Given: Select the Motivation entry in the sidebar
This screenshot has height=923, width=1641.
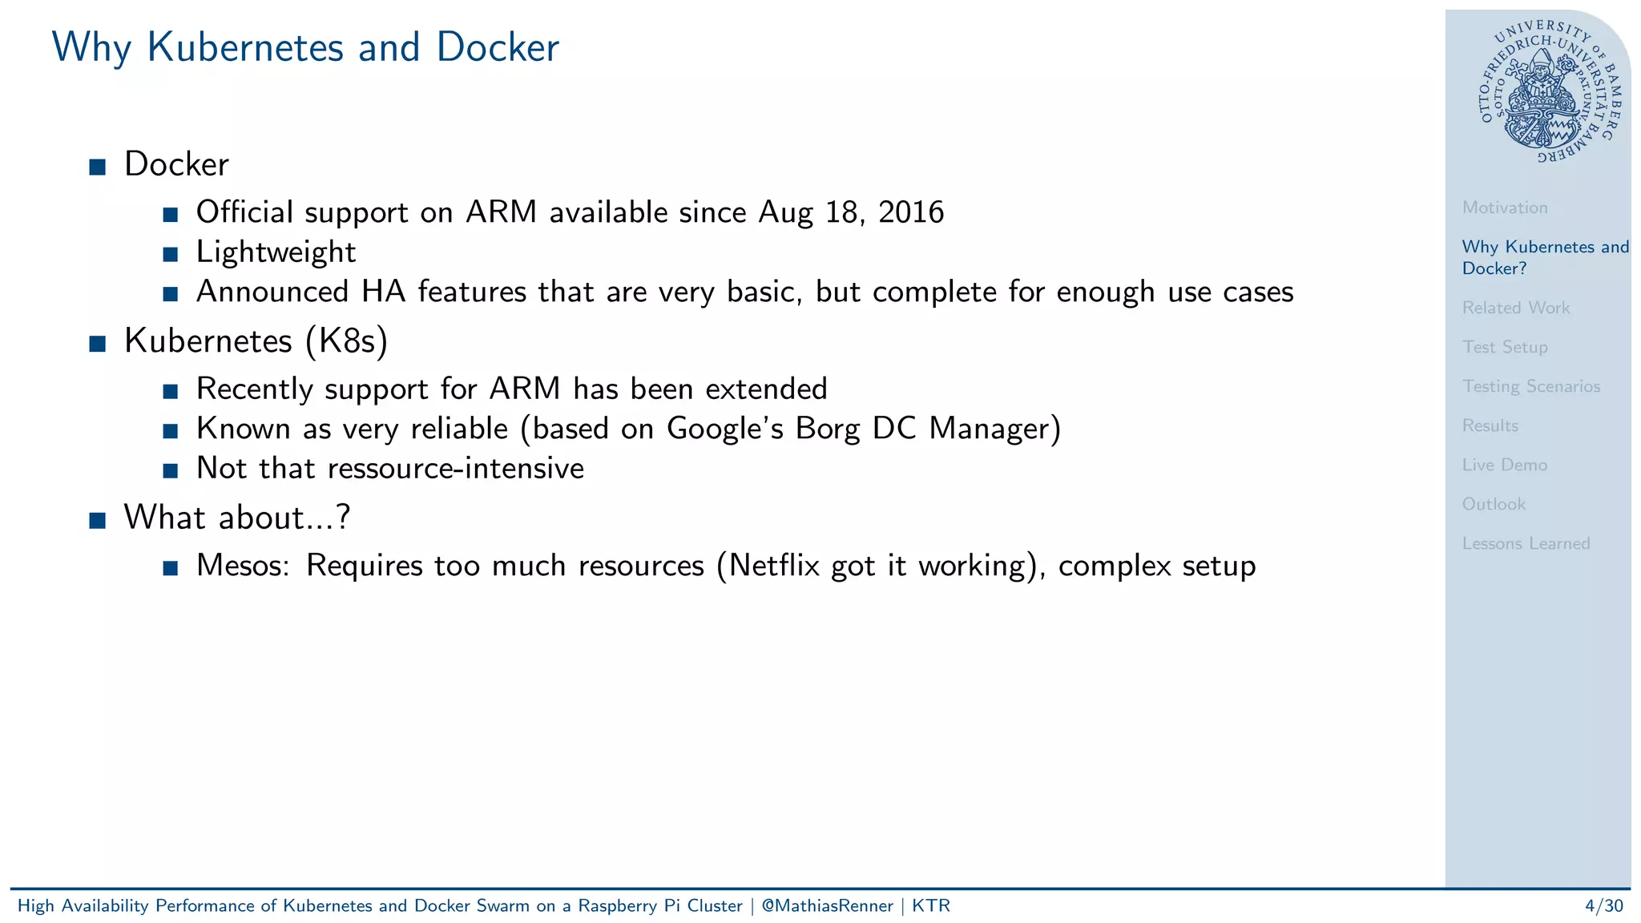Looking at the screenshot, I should [x=1504, y=208].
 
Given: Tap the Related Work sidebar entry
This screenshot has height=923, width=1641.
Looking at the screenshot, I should [x=1515, y=308].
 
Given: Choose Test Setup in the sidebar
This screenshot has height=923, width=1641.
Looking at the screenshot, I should [x=1504, y=347].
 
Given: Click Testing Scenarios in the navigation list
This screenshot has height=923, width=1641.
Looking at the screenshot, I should [x=1530, y=386].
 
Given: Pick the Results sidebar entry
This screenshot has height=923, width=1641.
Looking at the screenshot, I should [x=1490, y=425].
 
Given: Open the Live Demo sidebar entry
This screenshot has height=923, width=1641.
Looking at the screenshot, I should [x=1504, y=465].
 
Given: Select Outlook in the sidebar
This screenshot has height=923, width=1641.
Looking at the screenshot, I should [x=1493, y=504].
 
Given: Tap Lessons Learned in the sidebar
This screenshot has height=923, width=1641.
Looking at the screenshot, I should [x=1526, y=543].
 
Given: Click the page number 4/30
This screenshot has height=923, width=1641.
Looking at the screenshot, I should [x=1603, y=906].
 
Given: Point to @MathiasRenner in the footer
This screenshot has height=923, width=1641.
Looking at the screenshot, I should [x=827, y=906].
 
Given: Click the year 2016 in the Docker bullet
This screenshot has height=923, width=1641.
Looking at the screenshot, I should [x=911, y=212].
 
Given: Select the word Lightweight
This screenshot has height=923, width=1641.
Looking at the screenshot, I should [x=276, y=252].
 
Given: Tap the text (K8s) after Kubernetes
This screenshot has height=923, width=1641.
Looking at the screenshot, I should [x=346, y=341].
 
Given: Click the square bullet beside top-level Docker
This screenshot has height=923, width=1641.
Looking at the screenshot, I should [x=98, y=167].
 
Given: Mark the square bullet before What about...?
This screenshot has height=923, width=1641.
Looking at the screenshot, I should [x=98, y=520].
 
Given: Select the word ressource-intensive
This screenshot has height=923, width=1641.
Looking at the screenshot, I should [x=456, y=469].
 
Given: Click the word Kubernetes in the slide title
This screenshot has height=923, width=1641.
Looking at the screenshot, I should [x=244, y=47].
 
